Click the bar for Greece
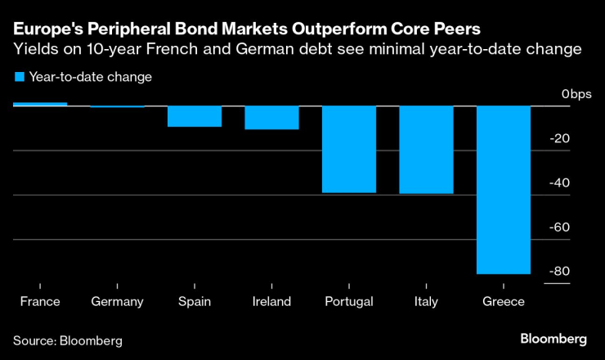click(x=504, y=190)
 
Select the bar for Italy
click(x=426, y=150)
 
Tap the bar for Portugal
click(x=349, y=149)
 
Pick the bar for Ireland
click(x=271, y=118)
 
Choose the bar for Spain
click(x=195, y=116)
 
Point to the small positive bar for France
click(x=40, y=104)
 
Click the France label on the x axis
click(x=40, y=301)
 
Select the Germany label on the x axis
click(x=117, y=301)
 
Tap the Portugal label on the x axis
click(x=349, y=301)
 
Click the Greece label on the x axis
click(x=504, y=301)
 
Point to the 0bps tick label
click(x=576, y=94)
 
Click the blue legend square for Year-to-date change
click(x=19, y=77)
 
